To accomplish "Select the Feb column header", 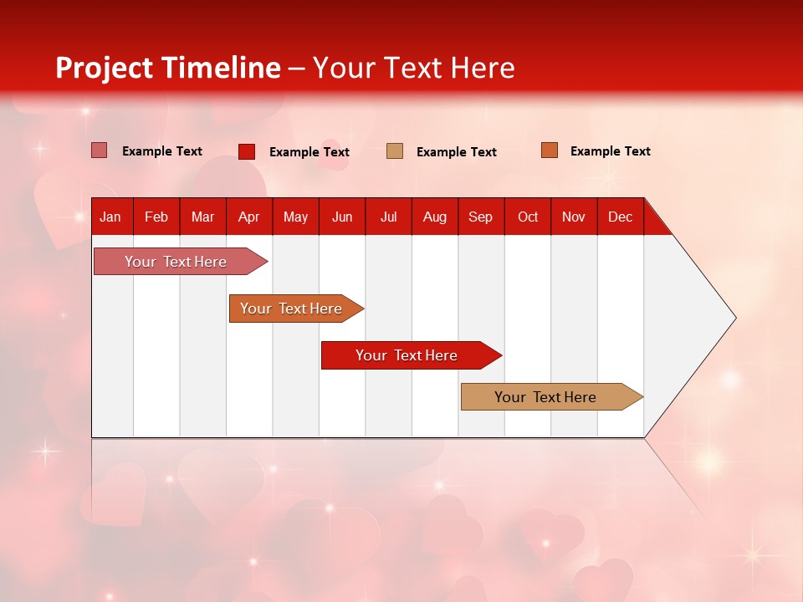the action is pyautogui.click(x=156, y=217).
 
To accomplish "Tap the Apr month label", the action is pyautogui.click(x=249, y=217).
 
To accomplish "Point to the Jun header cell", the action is pyautogui.click(x=342, y=217).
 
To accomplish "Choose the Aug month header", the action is pyautogui.click(x=435, y=217).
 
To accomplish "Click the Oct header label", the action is pyautogui.click(x=528, y=217).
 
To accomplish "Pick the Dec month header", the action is pyautogui.click(x=620, y=217).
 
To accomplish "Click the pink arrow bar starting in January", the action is pyautogui.click(x=181, y=261).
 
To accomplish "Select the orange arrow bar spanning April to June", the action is pyautogui.click(x=296, y=309).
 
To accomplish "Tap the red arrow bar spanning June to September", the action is pyautogui.click(x=412, y=355).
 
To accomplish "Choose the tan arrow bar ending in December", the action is pyautogui.click(x=552, y=396).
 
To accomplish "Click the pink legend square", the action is pyautogui.click(x=99, y=150).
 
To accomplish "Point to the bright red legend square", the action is pyautogui.click(x=246, y=151).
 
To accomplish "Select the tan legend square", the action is pyautogui.click(x=394, y=151).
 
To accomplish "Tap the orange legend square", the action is pyautogui.click(x=550, y=150).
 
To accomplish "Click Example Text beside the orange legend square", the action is pyautogui.click(x=611, y=151).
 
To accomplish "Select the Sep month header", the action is pyautogui.click(x=481, y=217).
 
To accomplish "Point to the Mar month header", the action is pyautogui.click(x=202, y=217).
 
